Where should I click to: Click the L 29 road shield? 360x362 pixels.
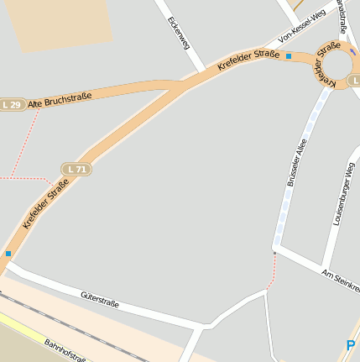[11, 104]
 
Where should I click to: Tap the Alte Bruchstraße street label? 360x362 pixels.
[58, 101]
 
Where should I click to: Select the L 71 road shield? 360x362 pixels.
[76, 169]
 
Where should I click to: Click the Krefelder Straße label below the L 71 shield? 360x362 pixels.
[46, 203]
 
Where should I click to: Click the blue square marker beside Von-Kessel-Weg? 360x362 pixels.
[289, 56]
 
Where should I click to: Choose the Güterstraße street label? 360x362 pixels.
[100, 299]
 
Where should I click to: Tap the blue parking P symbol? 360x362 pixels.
[351, 344]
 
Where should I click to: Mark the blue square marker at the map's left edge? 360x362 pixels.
[8, 253]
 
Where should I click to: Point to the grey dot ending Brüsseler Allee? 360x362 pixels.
[274, 251]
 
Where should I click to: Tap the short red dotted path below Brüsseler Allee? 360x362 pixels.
[271, 270]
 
